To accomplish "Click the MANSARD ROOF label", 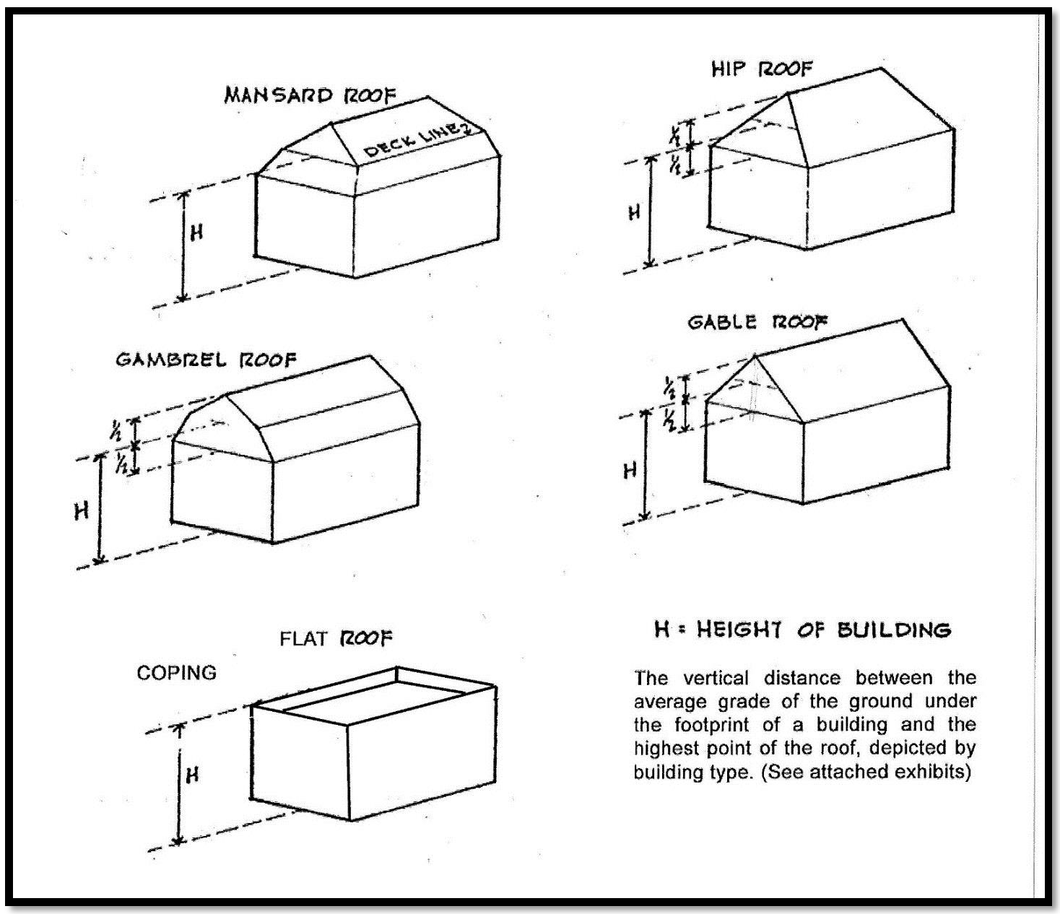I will (310, 95).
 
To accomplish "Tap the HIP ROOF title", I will (762, 69).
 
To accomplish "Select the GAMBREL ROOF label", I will (206, 360).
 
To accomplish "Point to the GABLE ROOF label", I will (757, 322).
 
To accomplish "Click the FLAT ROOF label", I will (336, 638).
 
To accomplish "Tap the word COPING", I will (176, 673).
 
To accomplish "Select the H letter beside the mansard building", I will (196, 232).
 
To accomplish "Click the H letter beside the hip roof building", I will (634, 213).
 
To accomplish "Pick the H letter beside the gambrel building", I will (82, 511).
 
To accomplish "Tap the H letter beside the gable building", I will (630, 471).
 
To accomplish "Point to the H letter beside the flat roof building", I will (192, 775).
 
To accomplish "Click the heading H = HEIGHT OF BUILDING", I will (802, 630).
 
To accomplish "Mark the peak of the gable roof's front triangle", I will (755, 355).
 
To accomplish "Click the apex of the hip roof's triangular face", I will (787, 94).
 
